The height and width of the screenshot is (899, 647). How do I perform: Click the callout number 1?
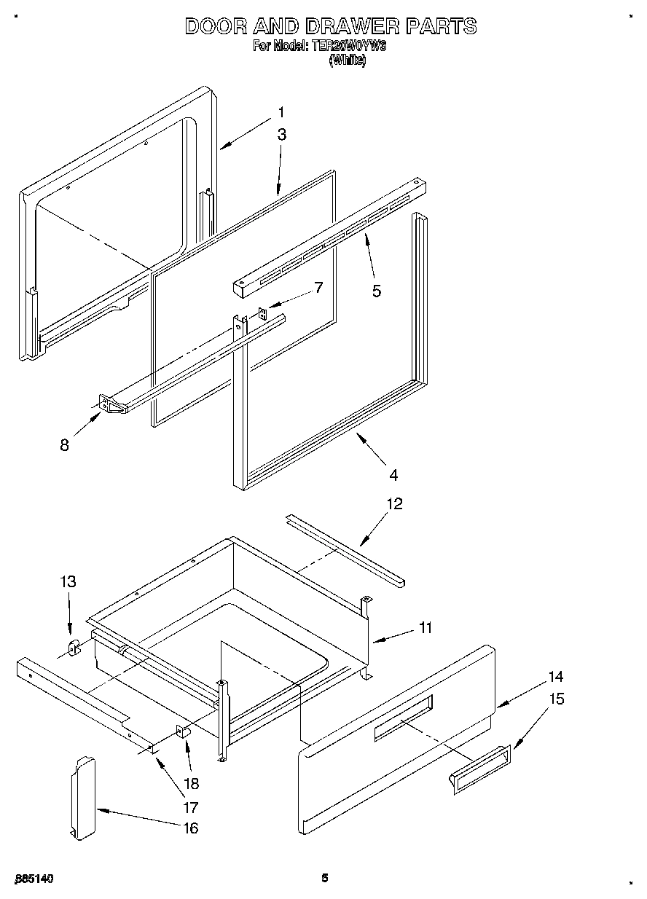(x=281, y=113)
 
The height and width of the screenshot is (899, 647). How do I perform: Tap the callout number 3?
(x=281, y=135)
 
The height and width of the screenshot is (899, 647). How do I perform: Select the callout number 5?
(x=376, y=291)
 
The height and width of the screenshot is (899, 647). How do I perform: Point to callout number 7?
(x=318, y=287)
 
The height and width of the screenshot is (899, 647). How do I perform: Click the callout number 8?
(x=65, y=445)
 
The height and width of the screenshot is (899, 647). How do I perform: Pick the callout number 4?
(x=393, y=475)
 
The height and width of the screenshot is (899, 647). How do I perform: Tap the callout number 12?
(x=394, y=504)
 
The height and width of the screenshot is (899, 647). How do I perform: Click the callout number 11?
(x=426, y=627)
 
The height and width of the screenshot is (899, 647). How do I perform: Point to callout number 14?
(x=555, y=677)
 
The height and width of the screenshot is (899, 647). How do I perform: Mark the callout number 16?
(x=190, y=828)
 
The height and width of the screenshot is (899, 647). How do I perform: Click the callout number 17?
(x=190, y=807)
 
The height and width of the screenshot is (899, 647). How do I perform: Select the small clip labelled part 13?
(x=74, y=646)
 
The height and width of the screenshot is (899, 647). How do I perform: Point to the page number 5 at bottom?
(x=325, y=879)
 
